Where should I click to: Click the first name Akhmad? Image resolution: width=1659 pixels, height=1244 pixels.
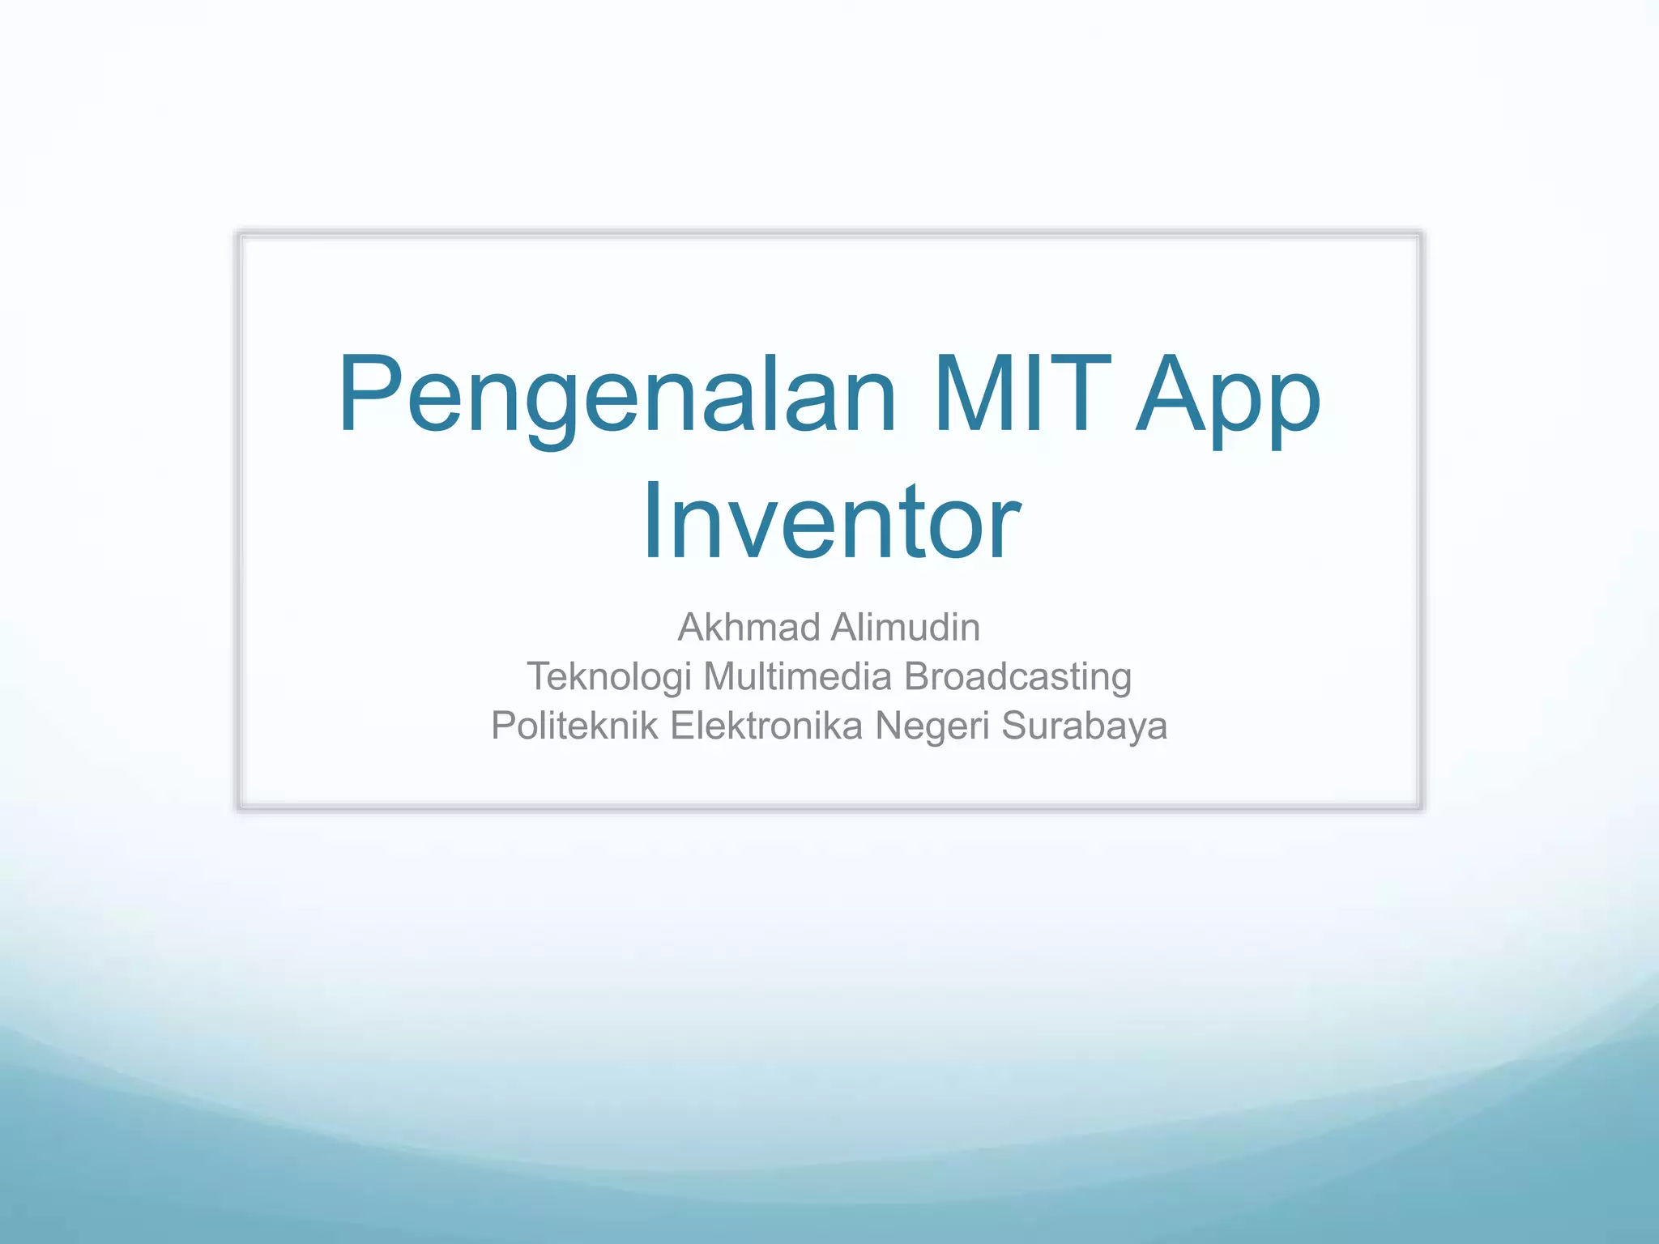tap(748, 627)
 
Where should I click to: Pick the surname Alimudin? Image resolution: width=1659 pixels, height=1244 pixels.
tap(906, 627)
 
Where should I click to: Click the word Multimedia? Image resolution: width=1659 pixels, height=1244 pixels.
tap(797, 675)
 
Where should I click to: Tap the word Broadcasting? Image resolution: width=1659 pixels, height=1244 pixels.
tap(1017, 677)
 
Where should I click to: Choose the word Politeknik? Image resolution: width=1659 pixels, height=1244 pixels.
tap(574, 726)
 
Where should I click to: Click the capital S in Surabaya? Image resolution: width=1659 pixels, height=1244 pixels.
tap(1016, 726)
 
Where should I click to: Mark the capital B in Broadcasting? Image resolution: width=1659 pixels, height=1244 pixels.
tap(916, 675)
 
